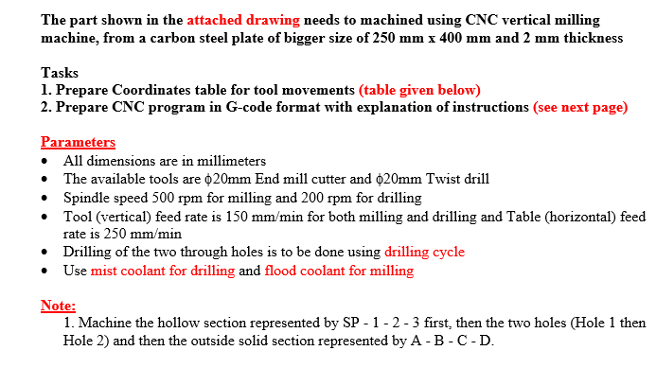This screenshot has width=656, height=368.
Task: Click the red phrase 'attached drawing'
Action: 242,20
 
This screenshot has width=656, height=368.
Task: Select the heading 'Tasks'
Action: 61,73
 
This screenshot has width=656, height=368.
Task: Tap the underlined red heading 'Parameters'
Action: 78,143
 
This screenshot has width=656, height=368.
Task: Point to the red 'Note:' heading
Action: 58,306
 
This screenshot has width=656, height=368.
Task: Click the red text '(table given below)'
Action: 419,90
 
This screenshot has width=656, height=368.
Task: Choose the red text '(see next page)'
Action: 580,107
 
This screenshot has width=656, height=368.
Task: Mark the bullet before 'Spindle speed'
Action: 46,199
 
